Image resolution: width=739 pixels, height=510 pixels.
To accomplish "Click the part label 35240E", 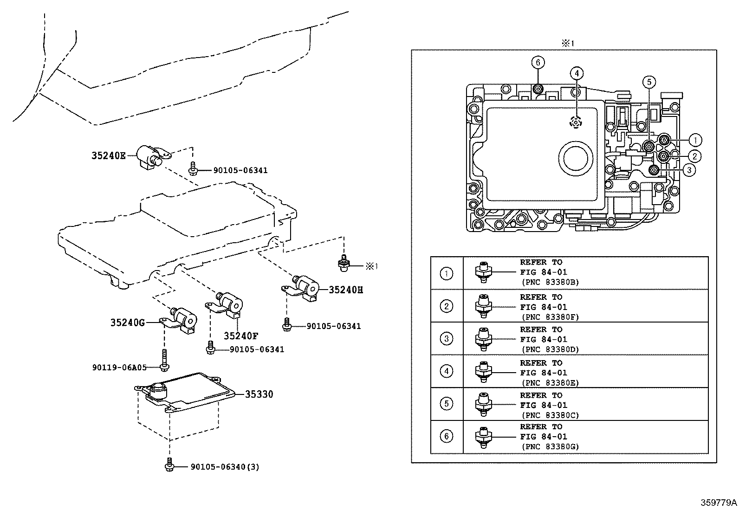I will coord(108,156).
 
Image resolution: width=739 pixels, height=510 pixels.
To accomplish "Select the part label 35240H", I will coord(346,290).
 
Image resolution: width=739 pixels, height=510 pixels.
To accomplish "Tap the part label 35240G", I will coord(128,322).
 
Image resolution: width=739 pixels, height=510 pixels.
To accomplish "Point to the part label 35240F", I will coord(241,336).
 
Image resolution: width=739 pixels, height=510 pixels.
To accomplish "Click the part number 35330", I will coord(259,394).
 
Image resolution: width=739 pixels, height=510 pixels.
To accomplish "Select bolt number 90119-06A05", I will coord(119,368).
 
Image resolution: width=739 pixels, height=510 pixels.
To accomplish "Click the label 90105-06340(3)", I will coord(225,467).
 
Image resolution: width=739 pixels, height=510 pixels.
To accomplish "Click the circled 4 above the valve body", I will coord(576,73).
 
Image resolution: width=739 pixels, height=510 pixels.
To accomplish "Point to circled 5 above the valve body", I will coord(649,83).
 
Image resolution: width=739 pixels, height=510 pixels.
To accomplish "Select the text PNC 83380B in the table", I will coord(550,282).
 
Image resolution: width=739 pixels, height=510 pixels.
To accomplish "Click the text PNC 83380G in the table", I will coord(550,447).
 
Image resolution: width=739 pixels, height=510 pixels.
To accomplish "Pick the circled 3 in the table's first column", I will coord(446,339).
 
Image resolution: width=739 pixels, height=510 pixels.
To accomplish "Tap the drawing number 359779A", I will coord(719,503).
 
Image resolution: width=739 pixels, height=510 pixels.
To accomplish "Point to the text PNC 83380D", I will coord(550,349).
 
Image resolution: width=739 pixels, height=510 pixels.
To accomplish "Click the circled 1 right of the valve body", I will coord(695,140).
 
